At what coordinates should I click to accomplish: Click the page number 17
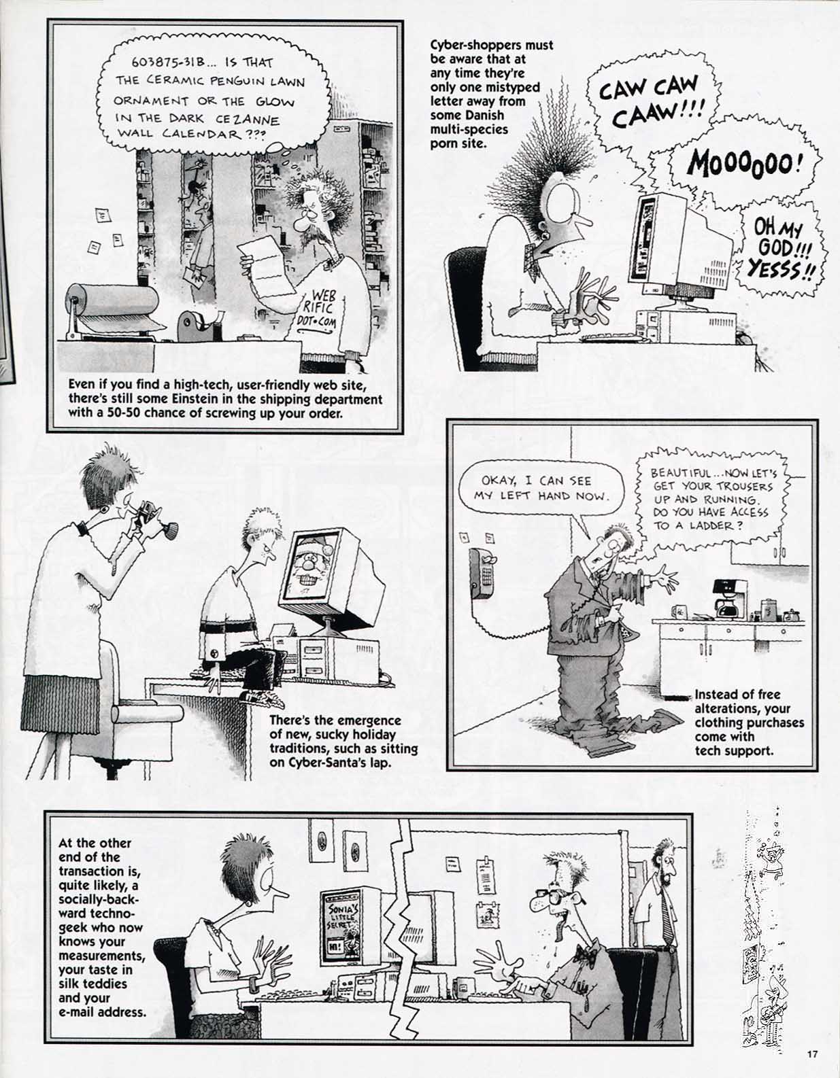(811, 1054)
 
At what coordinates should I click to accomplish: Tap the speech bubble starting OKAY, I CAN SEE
(541, 488)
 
